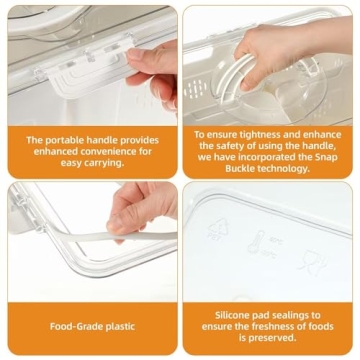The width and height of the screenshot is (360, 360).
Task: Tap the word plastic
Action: click(118, 325)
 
